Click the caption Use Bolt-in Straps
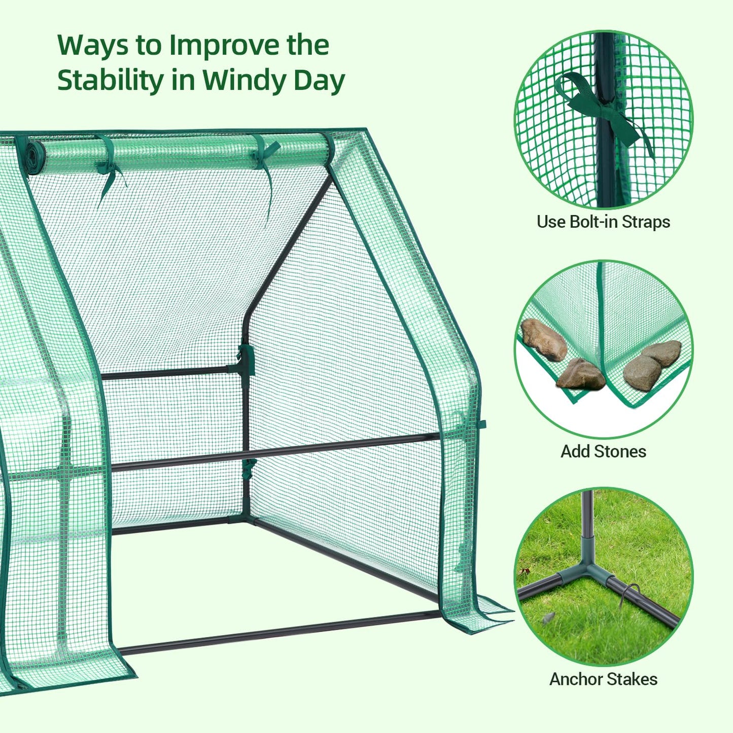point(603,222)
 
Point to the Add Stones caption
point(603,451)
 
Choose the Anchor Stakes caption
point(603,679)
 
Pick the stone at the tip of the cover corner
point(581,375)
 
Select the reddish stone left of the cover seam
point(543,339)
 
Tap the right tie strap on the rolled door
point(266,167)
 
